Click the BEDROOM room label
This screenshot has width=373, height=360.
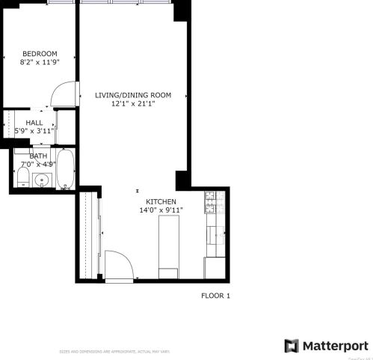point(40,54)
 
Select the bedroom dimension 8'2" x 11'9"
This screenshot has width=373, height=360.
point(40,64)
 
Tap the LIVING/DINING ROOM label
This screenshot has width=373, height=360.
point(133,95)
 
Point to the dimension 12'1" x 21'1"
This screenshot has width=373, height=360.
point(133,105)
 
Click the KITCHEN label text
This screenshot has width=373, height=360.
point(161,202)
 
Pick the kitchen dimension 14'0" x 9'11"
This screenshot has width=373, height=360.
point(161,211)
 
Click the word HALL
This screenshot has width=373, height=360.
point(34,123)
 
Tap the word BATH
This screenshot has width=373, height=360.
point(37,156)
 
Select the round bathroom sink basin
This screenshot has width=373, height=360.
point(42,180)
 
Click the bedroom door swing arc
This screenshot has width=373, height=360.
point(61,93)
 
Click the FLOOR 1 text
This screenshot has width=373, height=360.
point(216,296)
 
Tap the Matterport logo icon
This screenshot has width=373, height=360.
point(292,346)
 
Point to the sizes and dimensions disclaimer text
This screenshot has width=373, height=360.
point(115,352)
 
